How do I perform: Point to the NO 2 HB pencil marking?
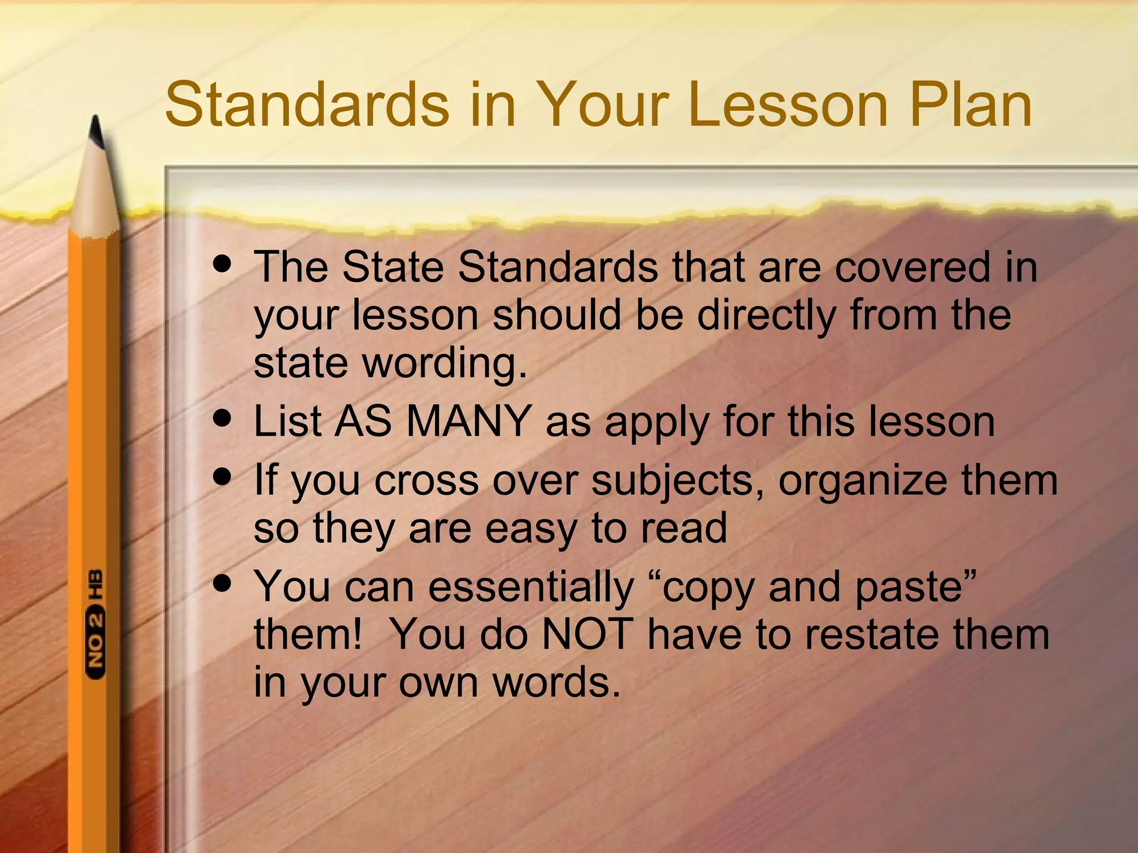pos(96,623)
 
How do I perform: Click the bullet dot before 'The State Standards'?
pos(222,264)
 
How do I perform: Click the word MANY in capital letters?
pos(468,422)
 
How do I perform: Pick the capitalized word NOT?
pos(587,634)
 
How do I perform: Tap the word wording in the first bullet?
pos(445,365)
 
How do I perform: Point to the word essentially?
pos(531,588)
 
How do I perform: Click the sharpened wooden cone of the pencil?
pos(96,194)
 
